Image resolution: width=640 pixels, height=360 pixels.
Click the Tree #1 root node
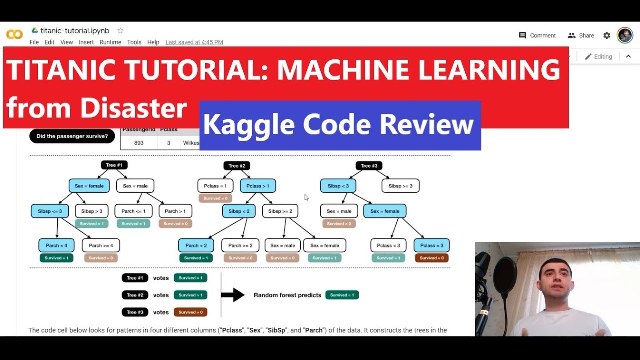[114, 165]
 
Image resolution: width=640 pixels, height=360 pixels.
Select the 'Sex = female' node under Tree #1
[89, 186]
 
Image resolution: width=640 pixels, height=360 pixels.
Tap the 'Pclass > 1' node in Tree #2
[258, 186]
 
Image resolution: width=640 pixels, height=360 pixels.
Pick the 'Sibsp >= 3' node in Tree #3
[400, 186]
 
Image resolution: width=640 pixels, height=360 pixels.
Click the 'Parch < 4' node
[56, 245]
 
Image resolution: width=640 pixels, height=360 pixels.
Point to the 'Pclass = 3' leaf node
[431, 245]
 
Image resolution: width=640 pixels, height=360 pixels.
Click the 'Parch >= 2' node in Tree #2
[240, 245]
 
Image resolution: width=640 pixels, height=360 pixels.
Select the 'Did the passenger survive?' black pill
[72, 136]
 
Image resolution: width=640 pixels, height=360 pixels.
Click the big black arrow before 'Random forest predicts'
[233, 295]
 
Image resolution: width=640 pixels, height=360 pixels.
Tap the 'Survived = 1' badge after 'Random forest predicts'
[342, 295]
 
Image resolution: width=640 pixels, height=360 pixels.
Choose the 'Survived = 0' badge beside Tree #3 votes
[190, 312]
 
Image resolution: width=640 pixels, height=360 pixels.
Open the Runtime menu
[110, 42]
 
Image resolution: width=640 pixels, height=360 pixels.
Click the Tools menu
[134, 42]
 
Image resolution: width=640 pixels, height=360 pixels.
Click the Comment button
[537, 35]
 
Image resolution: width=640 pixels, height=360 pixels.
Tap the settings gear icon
[607, 35]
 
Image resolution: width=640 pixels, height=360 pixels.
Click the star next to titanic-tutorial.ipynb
[120, 31]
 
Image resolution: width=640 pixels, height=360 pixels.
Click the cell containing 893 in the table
[139, 143]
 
